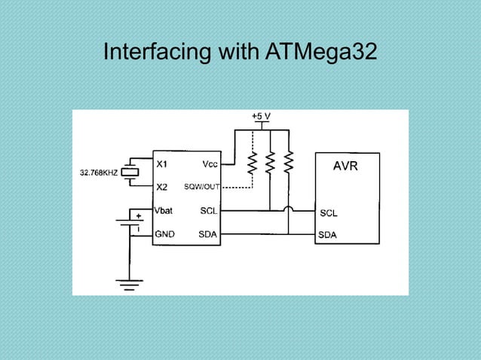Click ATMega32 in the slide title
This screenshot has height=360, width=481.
click(321, 54)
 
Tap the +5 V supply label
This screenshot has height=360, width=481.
click(261, 117)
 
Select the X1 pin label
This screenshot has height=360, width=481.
click(162, 163)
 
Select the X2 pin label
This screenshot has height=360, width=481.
click(162, 187)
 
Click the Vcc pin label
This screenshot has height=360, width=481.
click(211, 163)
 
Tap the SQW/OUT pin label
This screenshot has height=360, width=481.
click(202, 187)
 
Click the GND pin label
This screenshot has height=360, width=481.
click(165, 234)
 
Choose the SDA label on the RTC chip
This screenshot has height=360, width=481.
click(208, 234)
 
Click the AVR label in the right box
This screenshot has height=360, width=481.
click(347, 166)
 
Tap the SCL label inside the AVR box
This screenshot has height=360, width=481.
click(329, 213)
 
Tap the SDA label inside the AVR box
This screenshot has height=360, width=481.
click(329, 235)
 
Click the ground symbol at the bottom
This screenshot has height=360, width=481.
click(129, 282)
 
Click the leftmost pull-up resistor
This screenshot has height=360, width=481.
click(252, 161)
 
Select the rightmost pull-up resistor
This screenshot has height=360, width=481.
click(288, 161)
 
